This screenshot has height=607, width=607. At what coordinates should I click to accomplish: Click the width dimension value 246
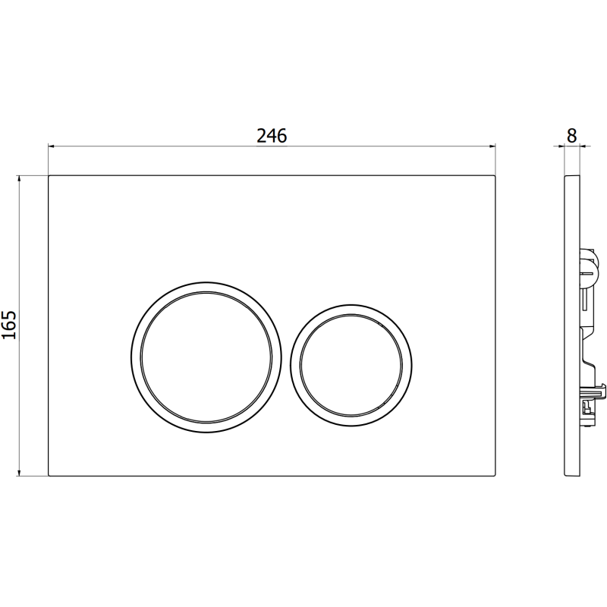(272, 136)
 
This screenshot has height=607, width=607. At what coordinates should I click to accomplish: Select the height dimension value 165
(9, 326)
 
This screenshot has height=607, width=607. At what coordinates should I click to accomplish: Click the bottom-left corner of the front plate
(49, 476)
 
